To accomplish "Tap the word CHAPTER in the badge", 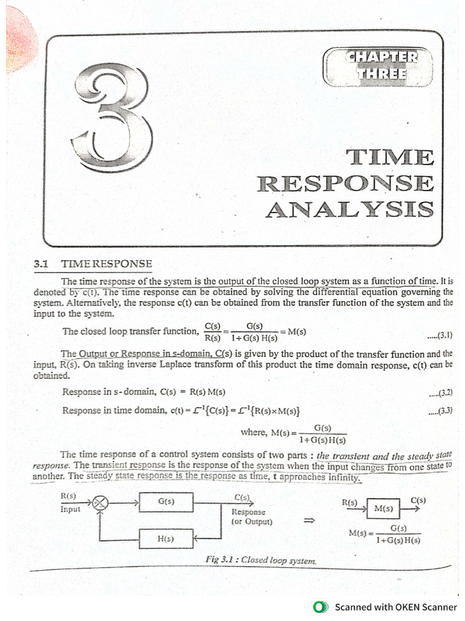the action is click(381, 57).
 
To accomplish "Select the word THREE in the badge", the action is click(381, 73).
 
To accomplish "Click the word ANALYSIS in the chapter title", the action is click(350, 209).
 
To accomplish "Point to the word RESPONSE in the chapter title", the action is click(346, 184).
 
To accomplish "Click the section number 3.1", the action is click(41, 264).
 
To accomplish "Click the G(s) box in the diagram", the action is click(166, 502).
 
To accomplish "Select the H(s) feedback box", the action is click(166, 539).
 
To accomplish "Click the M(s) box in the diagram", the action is click(383, 509).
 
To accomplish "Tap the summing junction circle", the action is click(101, 503).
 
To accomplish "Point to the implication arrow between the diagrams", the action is click(309, 520).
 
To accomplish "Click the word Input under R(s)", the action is click(70, 509).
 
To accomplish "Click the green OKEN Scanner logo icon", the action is click(321, 607).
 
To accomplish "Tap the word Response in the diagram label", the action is click(248, 512).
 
